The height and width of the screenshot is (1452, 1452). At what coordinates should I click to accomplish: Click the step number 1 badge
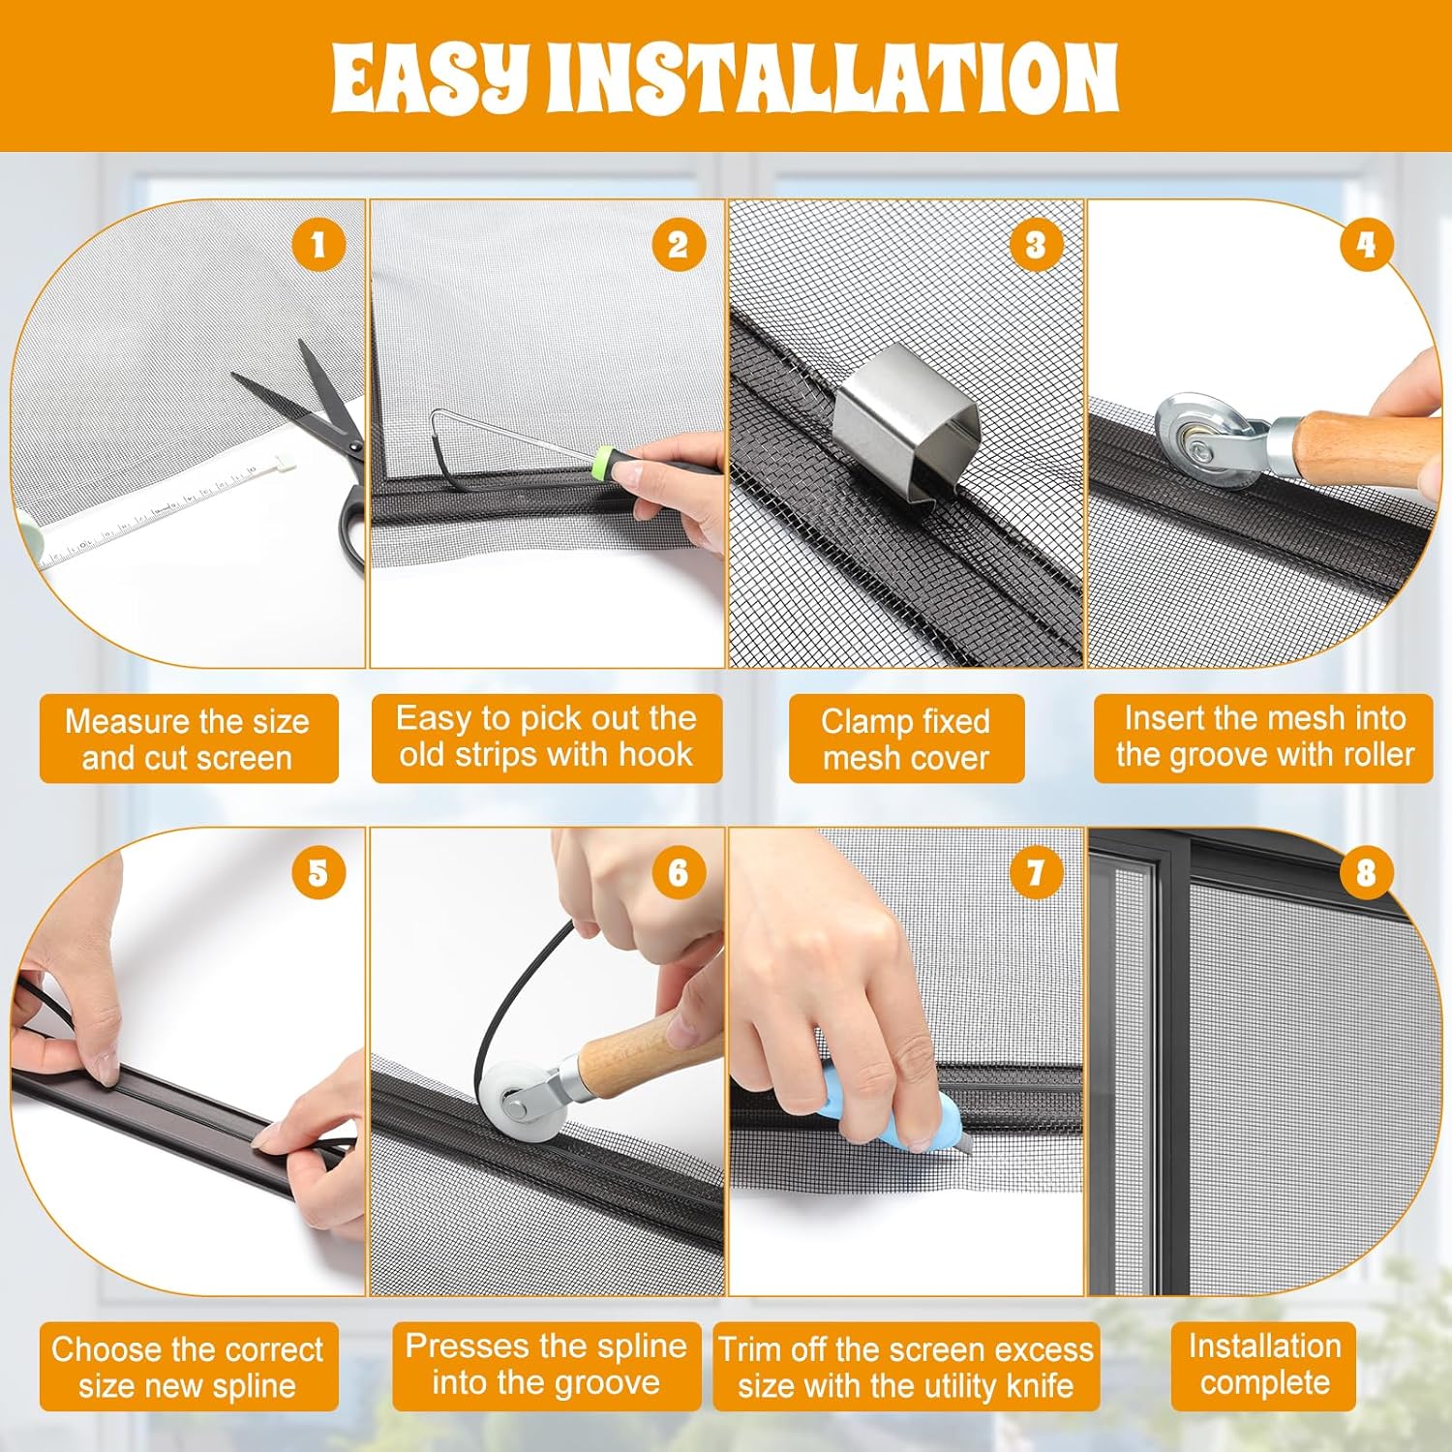[x=318, y=245]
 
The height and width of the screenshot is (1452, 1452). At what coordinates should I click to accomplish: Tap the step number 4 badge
[x=1366, y=245]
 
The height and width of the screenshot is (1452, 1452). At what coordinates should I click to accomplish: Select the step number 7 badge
[x=1036, y=872]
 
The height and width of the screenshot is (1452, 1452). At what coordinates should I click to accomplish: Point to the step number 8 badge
[x=1366, y=872]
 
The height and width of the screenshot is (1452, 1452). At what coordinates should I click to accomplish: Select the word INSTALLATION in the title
[x=832, y=77]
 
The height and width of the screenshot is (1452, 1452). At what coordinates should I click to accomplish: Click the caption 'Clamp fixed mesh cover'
[x=906, y=740]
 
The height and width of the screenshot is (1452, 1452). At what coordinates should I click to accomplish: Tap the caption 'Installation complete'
[x=1264, y=1365]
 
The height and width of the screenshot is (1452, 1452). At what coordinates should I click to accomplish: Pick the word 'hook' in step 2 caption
[x=655, y=755]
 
